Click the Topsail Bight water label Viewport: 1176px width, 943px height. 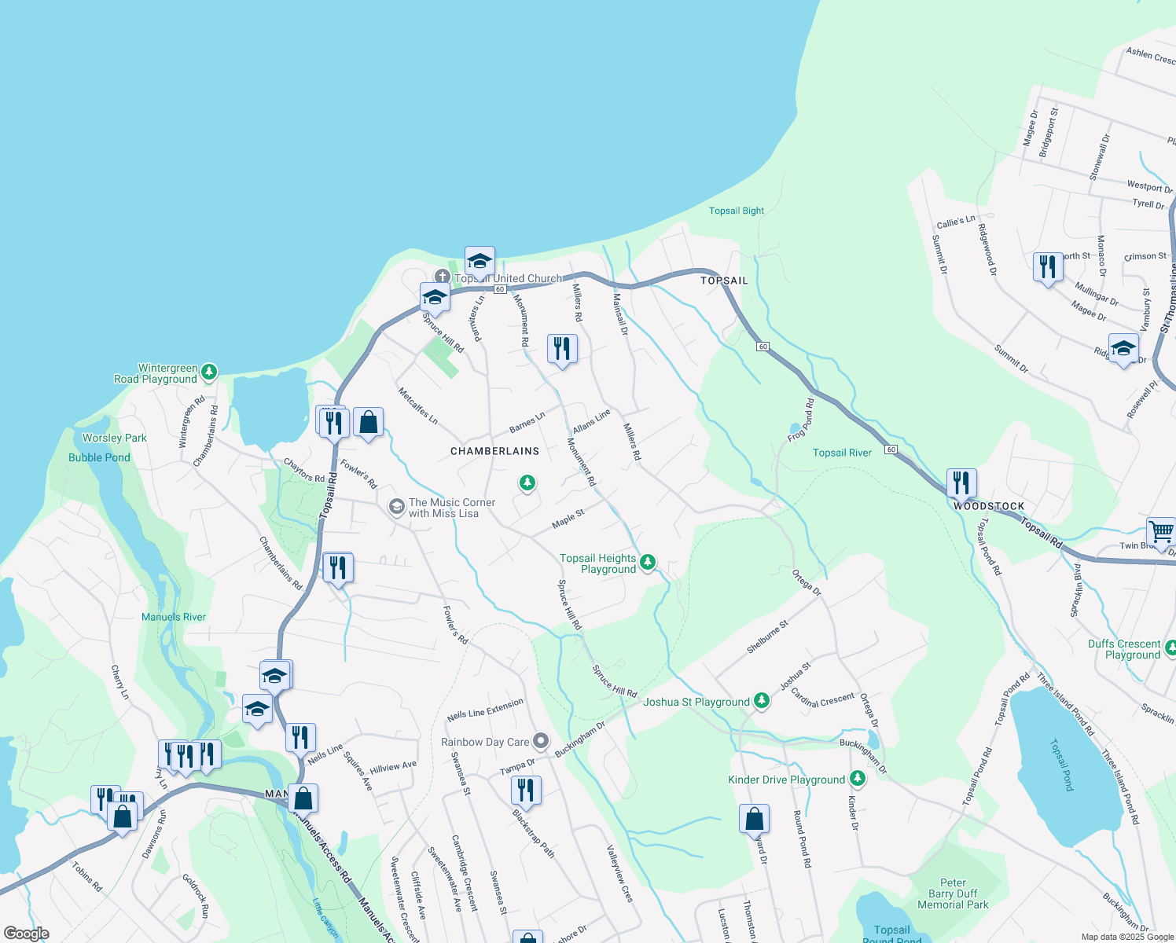pyautogui.click(x=736, y=211)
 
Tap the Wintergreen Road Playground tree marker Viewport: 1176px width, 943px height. pyautogui.click(x=209, y=371)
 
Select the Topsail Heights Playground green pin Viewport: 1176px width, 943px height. pyautogui.click(x=648, y=561)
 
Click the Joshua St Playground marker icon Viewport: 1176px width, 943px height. pyautogui.click(x=761, y=700)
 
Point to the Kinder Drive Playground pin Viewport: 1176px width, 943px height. pyautogui.click(x=858, y=778)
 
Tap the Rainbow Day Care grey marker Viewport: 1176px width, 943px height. pyautogui.click(x=541, y=740)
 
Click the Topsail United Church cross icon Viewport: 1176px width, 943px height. pyautogui.click(x=443, y=277)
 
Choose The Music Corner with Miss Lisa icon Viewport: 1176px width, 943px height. pyautogui.click(x=397, y=507)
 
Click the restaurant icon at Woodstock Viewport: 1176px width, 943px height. pyautogui.click(x=961, y=483)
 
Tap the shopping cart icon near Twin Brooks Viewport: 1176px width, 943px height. pyautogui.click(x=1161, y=532)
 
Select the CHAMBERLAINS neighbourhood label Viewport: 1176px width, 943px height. pyautogui.click(x=495, y=451)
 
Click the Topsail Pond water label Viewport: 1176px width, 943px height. pyautogui.click(x=1063, y=764)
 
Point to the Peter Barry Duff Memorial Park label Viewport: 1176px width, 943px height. pyautogui.click(x=953, y=893)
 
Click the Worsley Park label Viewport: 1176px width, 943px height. pyautogui.click(x=115, y=438)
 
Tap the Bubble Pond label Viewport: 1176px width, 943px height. pyautogui.click(x=99, y=457)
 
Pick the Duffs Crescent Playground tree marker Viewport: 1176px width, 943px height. pyautogui.click(x=1170, y=648)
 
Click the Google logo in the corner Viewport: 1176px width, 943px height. pyautogui.click(x=26, y=934)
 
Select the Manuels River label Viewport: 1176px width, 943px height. pyautogui.click(x=174, y=617)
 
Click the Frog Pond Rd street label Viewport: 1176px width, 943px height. pyautogui.click(x=802, y=420)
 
